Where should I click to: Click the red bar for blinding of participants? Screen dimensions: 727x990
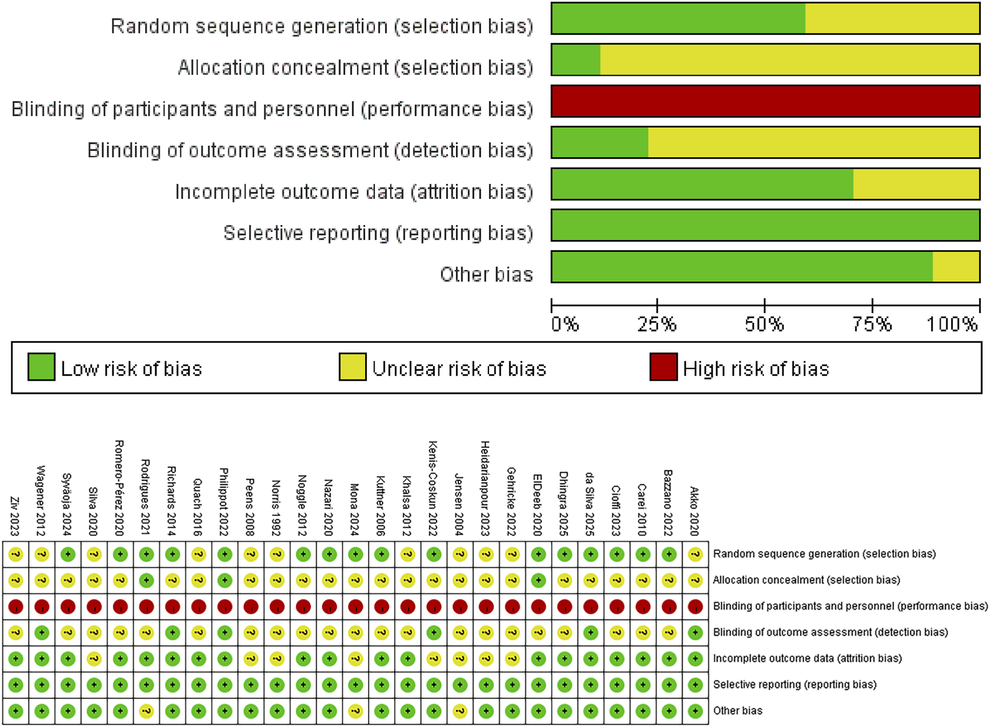click(765, 101)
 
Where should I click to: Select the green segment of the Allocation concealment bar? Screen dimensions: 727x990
click(576, 60)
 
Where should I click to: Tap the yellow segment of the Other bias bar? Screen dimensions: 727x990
click(956, 267)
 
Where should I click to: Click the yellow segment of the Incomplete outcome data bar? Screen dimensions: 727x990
click(916, 184)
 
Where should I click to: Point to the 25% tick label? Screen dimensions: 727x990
click(657, 325)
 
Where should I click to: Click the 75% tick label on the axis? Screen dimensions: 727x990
click(872, 325)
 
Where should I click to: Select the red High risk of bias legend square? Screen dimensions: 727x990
click(663, 367)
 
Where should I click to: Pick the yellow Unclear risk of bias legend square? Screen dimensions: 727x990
click(352, 367)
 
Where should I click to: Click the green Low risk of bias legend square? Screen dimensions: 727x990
click(42, 367)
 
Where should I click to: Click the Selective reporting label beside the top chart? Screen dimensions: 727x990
click(378, 233)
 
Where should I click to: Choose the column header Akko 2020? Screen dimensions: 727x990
click(695, 511)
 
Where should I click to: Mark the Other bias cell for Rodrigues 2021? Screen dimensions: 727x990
click(146, 711)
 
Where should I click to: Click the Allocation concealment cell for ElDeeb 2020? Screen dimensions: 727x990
click(538, 580)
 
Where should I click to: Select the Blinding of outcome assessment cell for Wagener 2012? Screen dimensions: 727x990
click(42, 633)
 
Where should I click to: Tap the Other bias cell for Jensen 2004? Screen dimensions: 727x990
click(460, 711)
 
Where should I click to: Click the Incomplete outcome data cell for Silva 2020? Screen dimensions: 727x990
click(94, 659)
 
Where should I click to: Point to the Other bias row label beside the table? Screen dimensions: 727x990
click(737, 711)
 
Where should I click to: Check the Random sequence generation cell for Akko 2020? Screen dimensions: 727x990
click(695, 554)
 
